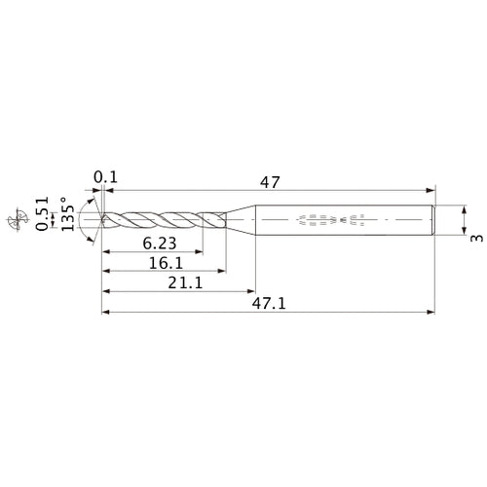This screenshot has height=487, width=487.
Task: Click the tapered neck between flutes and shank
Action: point(241,220)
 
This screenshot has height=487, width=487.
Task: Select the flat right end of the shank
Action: point(431,220)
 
